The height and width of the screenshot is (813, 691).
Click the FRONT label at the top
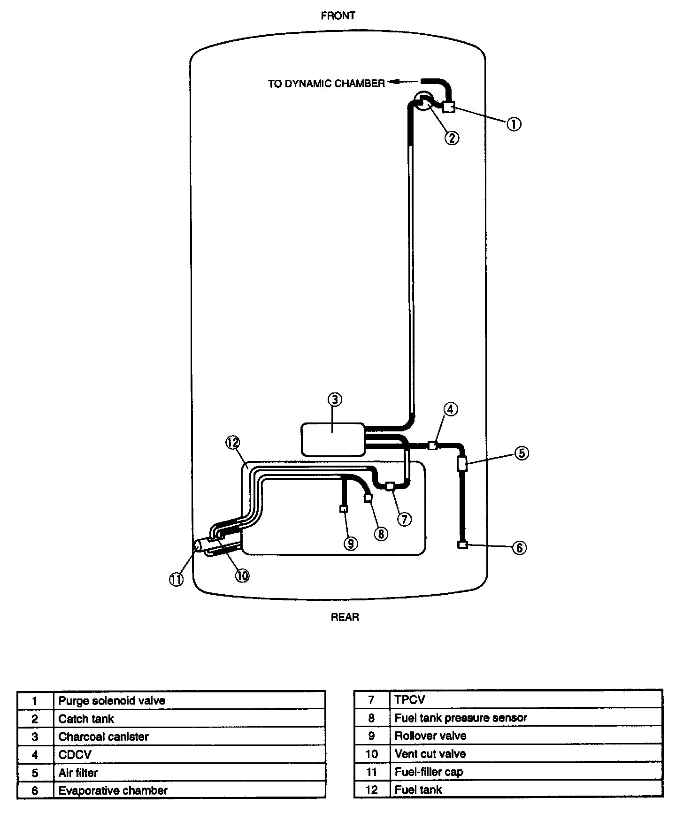pyautogui.click(x=338, y=16)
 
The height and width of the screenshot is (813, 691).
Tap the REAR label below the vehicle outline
pyautogui.click(x=345, y=617)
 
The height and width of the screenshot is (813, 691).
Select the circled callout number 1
pyautogui.click(x=514, y=124)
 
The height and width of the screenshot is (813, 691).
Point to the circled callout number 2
pyautogui.click(x=451, y=138)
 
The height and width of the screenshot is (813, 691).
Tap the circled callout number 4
pyautogui.click(x=450, y=409)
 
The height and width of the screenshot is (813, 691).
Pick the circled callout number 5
pyautogui.click(x=522, y=453)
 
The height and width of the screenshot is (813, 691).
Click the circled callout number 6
pyautogui.click(x=519, y=548)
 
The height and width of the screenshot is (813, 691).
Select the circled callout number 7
pyautogui.click(x=404, y=519)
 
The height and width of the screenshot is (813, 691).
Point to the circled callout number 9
pyautogui.click(x=350, y=543)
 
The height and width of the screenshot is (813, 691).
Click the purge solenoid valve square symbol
pyautogui.click(x=448, y=107)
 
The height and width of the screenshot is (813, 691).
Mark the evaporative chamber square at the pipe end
pyautogui.click(x=462, y=545)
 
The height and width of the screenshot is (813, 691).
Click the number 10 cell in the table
pyautogui.click(x=371, y=754)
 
